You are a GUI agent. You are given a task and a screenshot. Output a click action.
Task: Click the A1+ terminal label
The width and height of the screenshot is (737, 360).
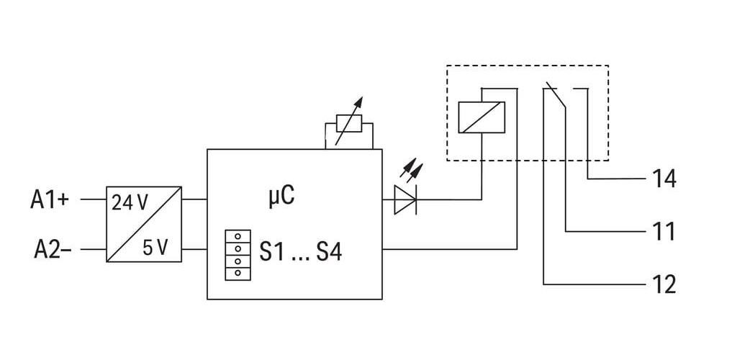click(x=50, y=199)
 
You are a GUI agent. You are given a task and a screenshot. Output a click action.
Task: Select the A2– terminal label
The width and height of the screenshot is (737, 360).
click(x=53, y=250)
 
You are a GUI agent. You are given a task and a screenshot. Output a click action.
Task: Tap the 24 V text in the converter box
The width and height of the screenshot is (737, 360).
click(x=130, y=202)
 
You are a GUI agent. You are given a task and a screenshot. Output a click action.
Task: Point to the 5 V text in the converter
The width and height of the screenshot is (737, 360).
click(x=155, y=248)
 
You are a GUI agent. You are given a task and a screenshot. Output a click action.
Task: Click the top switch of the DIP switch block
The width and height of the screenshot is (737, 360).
click(x=238, y=236)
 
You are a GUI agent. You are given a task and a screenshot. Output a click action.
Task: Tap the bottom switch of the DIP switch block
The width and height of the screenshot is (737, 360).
click(x=238, y=274)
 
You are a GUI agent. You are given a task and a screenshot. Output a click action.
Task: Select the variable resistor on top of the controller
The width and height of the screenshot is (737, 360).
click(x=349, y=123)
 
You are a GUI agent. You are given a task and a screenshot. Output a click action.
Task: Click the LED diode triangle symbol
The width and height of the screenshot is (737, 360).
click(x=404, y=199)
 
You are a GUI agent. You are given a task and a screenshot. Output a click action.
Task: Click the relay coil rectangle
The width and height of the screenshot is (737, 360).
click(x=481, y=117)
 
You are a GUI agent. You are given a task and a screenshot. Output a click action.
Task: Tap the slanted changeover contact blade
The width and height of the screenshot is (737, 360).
click(x=556, y=96)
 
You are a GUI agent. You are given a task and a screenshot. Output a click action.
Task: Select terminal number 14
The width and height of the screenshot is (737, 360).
click(x=664, y=179)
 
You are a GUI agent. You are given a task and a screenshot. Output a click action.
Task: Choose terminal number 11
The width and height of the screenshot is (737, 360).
click(x=663, y=232)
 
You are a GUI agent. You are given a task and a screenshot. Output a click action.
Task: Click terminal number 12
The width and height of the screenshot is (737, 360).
click(x=664, y=284)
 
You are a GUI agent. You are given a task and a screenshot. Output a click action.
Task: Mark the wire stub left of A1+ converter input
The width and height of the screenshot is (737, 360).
click(x=94, y=199)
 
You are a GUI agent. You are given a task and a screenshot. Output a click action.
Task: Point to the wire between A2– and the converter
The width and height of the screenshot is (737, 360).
click(x=94, y=249)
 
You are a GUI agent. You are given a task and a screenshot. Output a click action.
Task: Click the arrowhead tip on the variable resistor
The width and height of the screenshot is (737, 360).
click(x=362, y=97)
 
